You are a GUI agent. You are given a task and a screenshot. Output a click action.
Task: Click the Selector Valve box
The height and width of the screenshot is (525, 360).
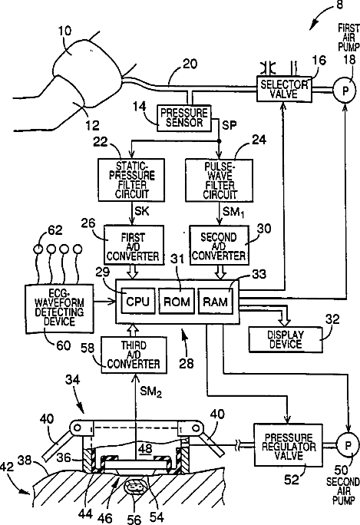pyautogui.click(x=284, y=89)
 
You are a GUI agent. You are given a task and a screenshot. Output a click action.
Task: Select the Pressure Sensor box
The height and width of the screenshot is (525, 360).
pyautogui.click(x=184, y=118)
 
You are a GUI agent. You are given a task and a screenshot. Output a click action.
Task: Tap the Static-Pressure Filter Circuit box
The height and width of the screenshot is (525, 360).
pyautogui.click(x=131, y=180)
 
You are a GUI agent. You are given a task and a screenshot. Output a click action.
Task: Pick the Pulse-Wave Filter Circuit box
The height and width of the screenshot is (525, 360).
pyautogui.click(x=220, y=180)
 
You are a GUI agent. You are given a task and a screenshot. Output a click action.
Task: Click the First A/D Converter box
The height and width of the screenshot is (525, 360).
pyautogui.click(x=134, y=245)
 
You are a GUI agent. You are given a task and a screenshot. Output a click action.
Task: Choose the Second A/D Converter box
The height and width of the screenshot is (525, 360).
pyautogui.click(x=220, y=245)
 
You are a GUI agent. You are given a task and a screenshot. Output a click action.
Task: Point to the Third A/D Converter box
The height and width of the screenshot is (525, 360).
pyautogui.click(x=134, y=355)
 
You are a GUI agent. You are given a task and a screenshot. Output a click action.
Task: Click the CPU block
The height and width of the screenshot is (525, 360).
pyautogui.click(x=138, y=301)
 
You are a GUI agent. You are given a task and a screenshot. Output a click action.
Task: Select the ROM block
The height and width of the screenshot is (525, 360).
pyautogui.click(x=177, y=301)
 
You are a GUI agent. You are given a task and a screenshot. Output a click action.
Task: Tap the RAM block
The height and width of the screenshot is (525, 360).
pyautogui.click(x=216, y=301)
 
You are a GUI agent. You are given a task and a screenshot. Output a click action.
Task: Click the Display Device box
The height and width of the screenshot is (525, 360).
pyautogui.click(x=286, y=339)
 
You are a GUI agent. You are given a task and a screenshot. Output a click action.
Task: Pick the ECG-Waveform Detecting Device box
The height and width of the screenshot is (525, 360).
pyautogui.click(x=60, y=309)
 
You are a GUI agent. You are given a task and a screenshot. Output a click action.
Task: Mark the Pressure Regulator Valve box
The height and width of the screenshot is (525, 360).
pyautogui.click(x=289, y=445)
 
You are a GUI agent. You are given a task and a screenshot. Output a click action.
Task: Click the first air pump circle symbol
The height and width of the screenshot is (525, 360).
pyautogui.click(x=345, y=90)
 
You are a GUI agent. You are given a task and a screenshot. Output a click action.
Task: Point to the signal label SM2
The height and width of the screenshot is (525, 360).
pyautogui.click(x=150, y=391)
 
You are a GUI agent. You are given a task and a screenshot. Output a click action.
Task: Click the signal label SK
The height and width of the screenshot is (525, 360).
pyautogui.click(x=142, y=210)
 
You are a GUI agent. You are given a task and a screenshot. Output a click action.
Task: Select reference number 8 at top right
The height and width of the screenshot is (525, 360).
pyautogui.click(x=339, y=5)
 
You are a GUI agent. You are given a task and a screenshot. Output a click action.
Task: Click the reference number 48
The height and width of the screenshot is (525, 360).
pyautogui.click(x=145, y=449)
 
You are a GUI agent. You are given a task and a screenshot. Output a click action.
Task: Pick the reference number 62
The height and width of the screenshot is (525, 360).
pyautogui.click(x=55, y=230)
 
